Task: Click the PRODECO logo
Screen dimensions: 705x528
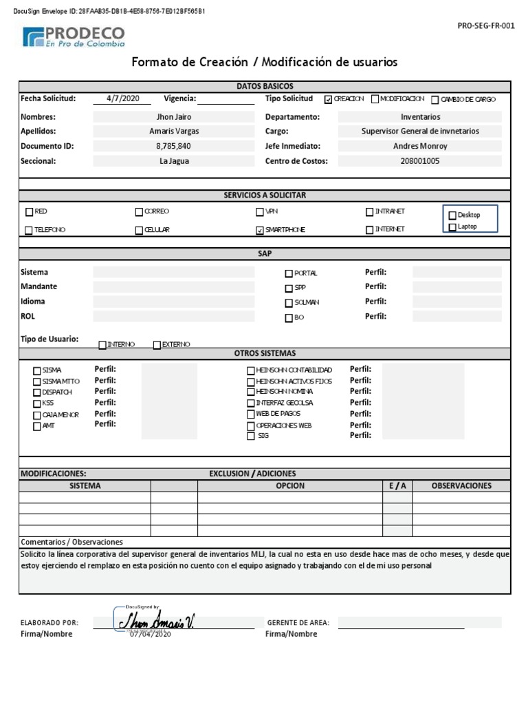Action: point(74,36)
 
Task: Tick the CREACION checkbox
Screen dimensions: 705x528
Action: point(328,99)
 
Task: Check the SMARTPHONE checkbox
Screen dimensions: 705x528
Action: point(260,230)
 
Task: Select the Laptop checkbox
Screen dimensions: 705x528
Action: point(452,227)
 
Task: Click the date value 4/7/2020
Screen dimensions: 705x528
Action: point(123,98)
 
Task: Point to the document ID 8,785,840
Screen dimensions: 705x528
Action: point(174,146)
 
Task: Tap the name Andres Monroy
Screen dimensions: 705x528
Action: point(420,146)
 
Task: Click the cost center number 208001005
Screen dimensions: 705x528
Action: point(420,161)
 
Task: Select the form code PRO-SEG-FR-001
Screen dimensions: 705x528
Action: point(486,26)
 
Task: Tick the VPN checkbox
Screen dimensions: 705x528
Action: point(260,212)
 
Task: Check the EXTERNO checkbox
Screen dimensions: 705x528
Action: point(157,345)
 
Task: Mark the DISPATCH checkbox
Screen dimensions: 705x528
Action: point(36,392)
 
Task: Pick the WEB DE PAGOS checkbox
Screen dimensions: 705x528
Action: point(251,414)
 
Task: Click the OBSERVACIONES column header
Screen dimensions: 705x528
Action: point(461,485)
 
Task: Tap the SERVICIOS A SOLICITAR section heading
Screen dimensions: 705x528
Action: point(265,196)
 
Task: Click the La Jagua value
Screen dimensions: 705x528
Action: point(174,161)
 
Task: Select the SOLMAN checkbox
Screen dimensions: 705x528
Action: point(289,303)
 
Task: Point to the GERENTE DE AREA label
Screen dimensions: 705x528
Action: point(298,623)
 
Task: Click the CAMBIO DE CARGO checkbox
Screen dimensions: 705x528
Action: point(435,100)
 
